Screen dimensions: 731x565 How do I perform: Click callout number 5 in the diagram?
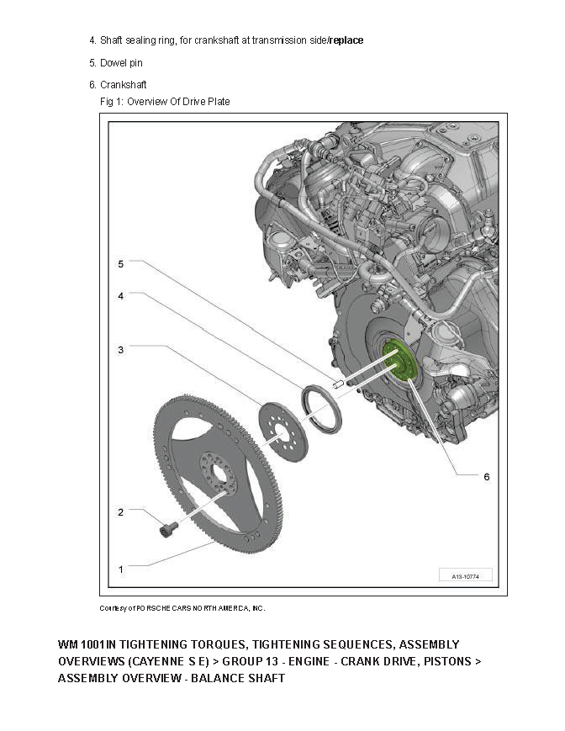pyautogui.click(x=120, y=263)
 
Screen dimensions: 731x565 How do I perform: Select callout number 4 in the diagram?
pyautogui.click(x=120, y=296)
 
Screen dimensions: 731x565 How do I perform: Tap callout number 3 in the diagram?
pyautogui.click(x=120, y=349)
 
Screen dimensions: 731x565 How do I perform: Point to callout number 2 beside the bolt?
pyautogui.click(x=120, y=511)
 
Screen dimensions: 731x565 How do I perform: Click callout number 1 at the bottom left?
pyautogui.click(x=120, y=569)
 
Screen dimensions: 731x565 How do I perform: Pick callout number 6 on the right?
pyautogui.click(x=486, y=476)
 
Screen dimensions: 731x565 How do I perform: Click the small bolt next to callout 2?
pyautogui.click(x=169, y=529)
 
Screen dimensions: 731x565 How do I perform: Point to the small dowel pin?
pyautogui.click(x=338, y=384)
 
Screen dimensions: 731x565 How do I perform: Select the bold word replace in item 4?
pyautogui.click(x=346, y=40)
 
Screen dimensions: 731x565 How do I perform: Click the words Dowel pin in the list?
pyautogui.click(x=122, y=63)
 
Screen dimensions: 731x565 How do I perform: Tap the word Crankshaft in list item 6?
pyautogui.click(x=124, y=85)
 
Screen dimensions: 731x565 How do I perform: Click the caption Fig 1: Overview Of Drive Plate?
pyautogui.click(x=165, y=102)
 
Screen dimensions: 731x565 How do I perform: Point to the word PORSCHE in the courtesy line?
pyautogui.click(x=155, y=607)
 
